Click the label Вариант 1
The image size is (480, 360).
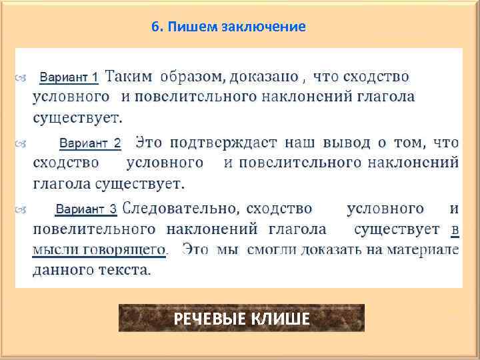pos(69,78)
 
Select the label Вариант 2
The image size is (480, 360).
pos(90,143)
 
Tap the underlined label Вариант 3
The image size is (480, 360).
pos(86,210)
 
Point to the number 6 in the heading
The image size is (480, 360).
pos(155,27)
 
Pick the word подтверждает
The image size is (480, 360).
pos(225,143)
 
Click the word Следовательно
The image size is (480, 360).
pos(179,209)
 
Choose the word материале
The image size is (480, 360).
pos(426,251)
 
